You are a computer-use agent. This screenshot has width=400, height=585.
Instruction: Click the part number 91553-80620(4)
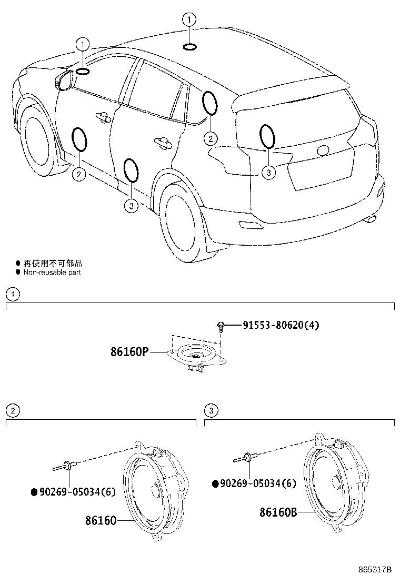click(x=281, y=325)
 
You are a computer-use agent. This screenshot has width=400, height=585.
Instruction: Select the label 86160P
click(x=130, y=352)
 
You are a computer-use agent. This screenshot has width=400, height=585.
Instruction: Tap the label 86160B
click(x=278, y=511)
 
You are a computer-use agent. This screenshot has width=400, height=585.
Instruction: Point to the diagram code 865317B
click(x=375, y=570)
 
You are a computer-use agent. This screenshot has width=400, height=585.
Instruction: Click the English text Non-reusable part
click(x=52, y=273)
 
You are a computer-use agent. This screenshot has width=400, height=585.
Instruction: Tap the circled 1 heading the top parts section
click(x=12, y=294)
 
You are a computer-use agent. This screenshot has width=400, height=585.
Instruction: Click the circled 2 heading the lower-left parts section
click(x=12, y=410)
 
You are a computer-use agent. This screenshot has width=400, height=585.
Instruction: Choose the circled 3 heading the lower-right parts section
click(x=211, y=410)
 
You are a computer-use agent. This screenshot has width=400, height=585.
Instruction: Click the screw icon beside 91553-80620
click(x=222, y=327)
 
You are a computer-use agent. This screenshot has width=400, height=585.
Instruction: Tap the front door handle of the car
click(x=102, y=116)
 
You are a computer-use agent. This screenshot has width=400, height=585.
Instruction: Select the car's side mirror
click(x=65, y=80)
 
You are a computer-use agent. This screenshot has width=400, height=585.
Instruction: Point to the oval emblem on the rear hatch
click(x=323, y=150)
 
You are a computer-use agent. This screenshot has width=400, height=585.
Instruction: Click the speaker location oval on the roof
click(x=189, y=48)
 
